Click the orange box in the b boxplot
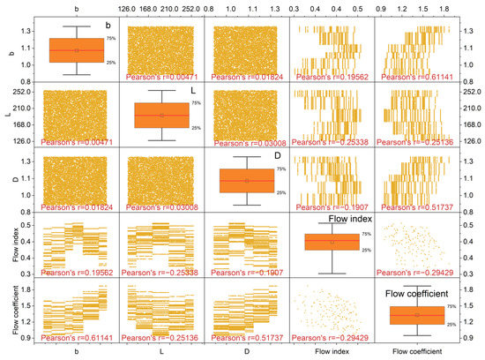click(x=76, y=50)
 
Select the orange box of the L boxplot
click(x=161, y=115)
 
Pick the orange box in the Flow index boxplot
click(x=332, y=242)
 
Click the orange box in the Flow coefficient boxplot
click(x=417, y=314)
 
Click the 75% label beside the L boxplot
click(x=197, y=103)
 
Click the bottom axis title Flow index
click(x=332, y=353)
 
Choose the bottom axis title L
click(x=161, y=353)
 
